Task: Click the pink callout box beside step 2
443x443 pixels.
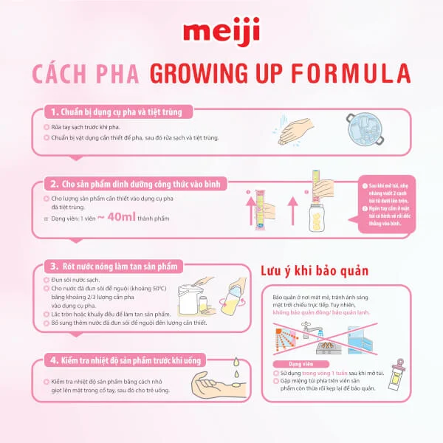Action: point(389,203)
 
